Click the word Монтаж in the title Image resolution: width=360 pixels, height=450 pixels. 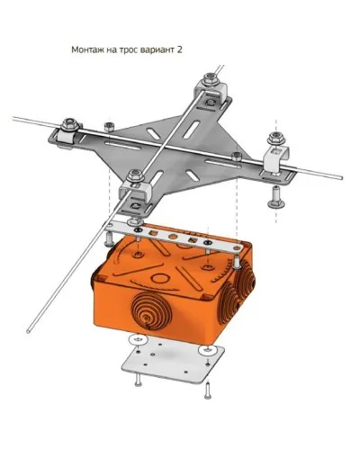coord(87,49)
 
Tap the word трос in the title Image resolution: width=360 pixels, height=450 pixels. coord(129,49)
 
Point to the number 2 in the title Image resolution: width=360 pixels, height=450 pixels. coord(179,49)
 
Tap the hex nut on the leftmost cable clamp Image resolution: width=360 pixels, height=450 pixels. coord(70,124)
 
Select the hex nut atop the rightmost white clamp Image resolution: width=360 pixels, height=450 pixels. coord(275,138)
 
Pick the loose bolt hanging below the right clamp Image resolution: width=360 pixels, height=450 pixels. coord(276,197)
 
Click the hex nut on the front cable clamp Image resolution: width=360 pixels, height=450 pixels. coord(135,175)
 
